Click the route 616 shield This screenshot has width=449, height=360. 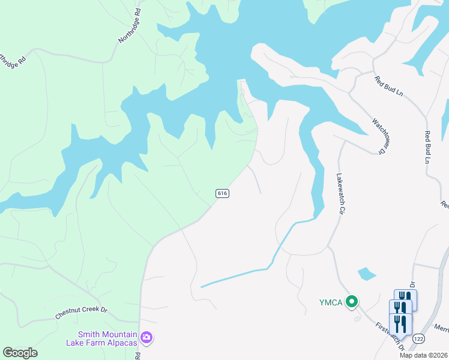point(222,193)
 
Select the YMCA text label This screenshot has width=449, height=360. point(331,302)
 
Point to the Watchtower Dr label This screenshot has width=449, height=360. point(378,136)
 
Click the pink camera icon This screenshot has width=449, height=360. point(146,338)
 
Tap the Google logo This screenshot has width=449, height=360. point(20,353)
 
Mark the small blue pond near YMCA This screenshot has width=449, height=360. point(367,274)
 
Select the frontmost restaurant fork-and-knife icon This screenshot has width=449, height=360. point(400,325)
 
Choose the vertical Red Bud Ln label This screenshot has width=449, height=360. point(429,147)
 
